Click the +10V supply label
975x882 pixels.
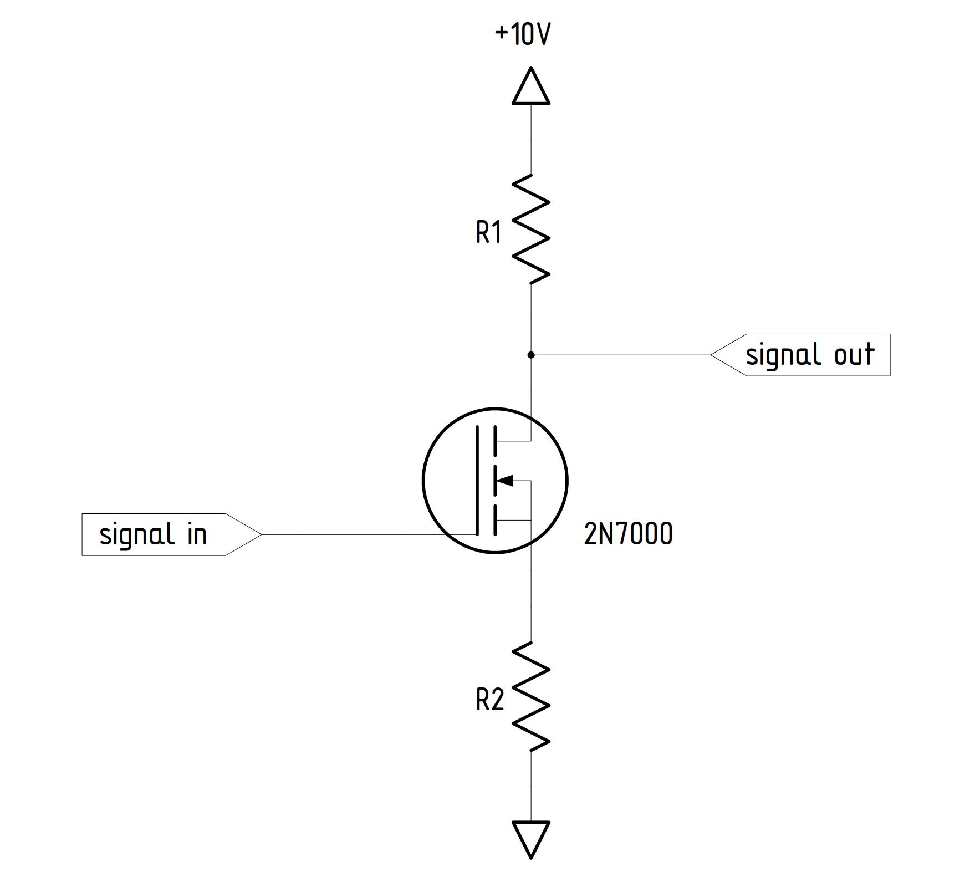click(x=522, y=34)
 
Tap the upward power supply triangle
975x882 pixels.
click(x=531, y=88)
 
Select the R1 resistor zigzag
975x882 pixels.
click(x=531, y=228)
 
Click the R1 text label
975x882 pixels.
click(x=488, y=232)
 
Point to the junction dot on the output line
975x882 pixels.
click(x=531, y=355)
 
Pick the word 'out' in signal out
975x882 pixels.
click(x=854, y=355)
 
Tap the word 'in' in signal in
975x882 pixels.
click(x=197, y=534)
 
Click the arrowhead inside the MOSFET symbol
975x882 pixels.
click(x=506, y=480)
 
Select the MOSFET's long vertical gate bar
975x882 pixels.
click(x=476, y=480)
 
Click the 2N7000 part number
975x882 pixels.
click(x=628, y=534)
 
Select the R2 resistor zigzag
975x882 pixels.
click(x=531, y=696)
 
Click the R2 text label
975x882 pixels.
click(x=489, y=700)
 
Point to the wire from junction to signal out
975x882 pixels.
click(x=621, y=355)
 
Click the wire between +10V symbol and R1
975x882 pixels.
click(x=531, y=139)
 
